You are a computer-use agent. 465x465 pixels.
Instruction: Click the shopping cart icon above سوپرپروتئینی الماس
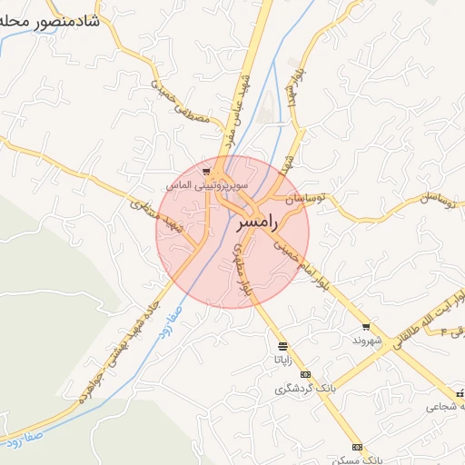208,170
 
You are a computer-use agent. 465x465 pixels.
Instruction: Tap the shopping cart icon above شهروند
366,326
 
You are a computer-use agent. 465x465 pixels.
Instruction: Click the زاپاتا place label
283,359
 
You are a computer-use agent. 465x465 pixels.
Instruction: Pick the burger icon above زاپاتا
283,346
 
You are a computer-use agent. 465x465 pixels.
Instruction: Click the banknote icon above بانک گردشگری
305,374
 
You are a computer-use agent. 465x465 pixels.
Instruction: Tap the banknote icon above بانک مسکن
358,447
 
